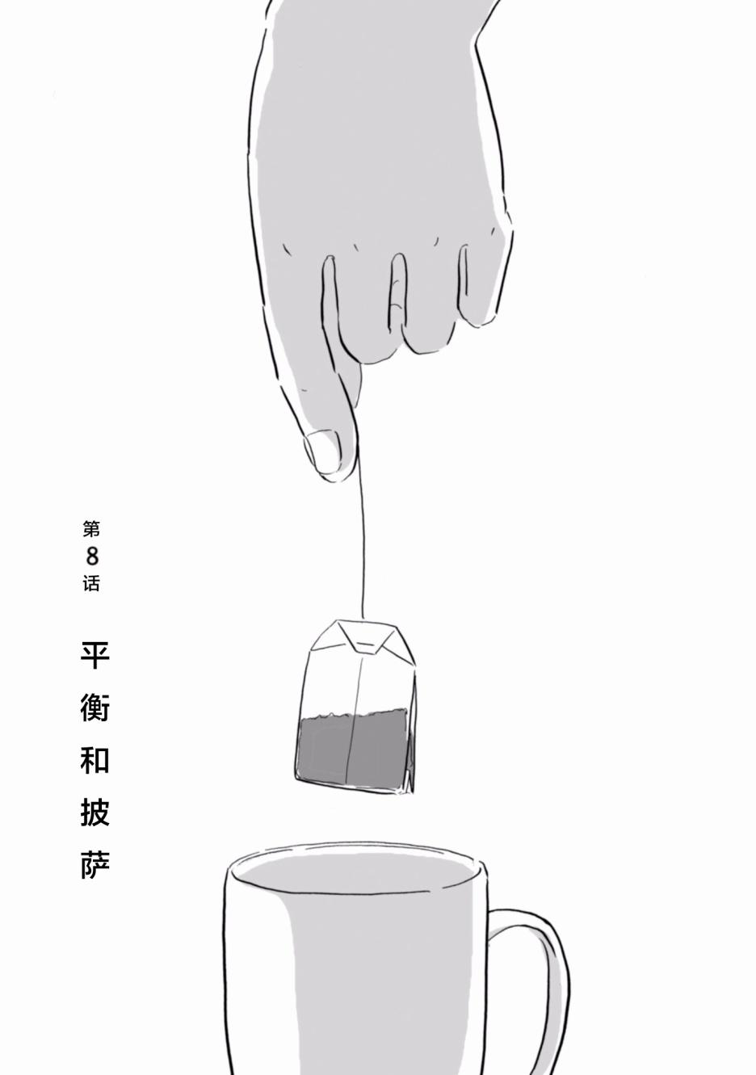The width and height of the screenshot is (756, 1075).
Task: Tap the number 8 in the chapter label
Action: [x=92, y=556]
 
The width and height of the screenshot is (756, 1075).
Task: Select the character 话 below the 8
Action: [x=91, y=583]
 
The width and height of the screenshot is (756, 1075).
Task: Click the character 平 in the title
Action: [x=95, y=655]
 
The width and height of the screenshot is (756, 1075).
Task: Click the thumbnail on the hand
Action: [x=322, y=450]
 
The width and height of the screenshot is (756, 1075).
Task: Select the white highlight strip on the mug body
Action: [x=259, y=979]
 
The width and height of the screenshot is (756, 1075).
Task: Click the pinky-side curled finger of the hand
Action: [x=480, y=283]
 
